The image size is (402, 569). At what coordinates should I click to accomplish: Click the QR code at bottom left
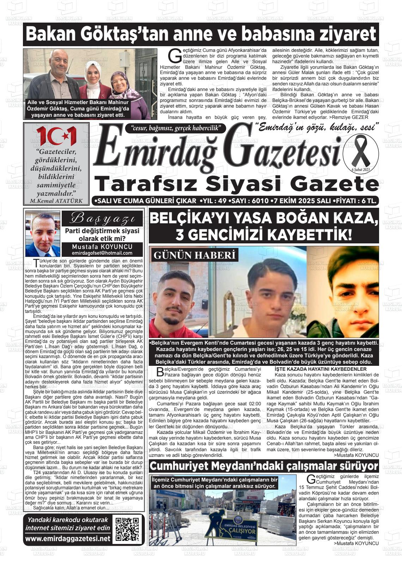(x=127, y=529)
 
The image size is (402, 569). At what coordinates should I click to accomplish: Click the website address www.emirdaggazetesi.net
(x=68, y=539)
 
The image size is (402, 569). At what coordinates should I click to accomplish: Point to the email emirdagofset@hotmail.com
(x=102, y=253)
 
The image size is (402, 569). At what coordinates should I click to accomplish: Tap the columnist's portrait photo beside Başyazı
(x=43, y=234)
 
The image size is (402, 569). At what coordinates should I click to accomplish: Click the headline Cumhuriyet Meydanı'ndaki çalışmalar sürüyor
(x=264, y=466)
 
